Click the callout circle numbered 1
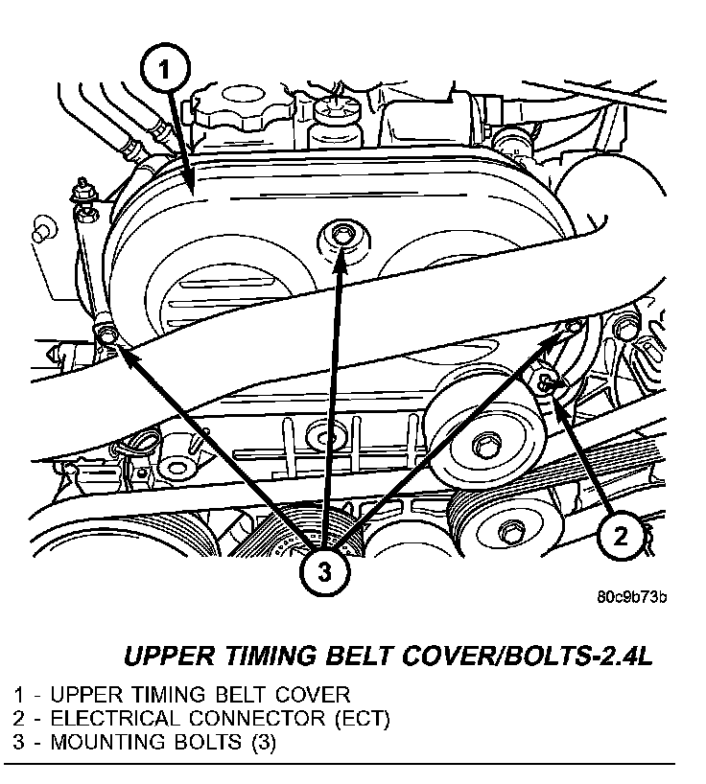coord(167,68)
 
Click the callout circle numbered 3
coord(324,573)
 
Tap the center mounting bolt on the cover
coord(341,234)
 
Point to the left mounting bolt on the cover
coord(106,334)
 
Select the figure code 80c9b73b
coord(631,596)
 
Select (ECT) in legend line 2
coord(355,718)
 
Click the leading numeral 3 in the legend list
coord(19,742)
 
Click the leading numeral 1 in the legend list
coord(19,694)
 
